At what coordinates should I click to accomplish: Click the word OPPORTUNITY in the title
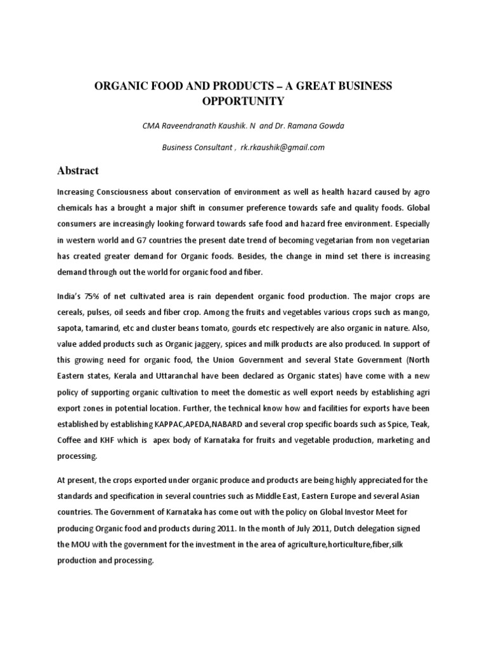(243, 101)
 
